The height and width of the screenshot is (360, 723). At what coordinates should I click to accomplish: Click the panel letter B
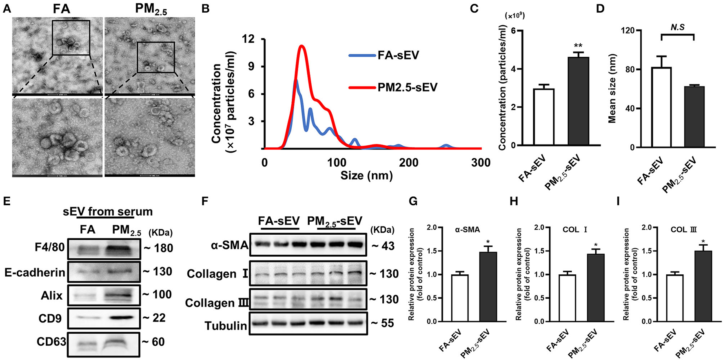click(206, 8)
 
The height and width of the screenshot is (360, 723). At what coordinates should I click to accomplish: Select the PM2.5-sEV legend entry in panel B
click(407, 87)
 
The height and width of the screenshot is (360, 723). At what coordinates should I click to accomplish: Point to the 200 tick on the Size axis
click(409, 163)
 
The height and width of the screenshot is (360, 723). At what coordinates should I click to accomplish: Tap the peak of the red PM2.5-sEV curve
click(302, 46)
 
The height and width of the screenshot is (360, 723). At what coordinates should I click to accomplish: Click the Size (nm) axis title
click(366, 176)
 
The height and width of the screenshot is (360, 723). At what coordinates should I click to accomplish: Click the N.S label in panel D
click(677, 27)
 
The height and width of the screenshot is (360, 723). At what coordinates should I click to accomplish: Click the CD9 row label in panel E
click(50, 318)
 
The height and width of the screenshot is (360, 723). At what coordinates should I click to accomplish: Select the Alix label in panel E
click(51, 295)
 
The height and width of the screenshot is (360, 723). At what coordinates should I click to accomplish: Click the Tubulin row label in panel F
click(226, 325)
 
